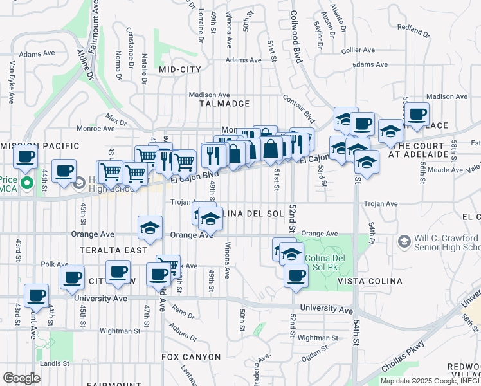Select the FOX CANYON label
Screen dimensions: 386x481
click(x=191, y=356)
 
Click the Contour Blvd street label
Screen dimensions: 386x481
click(x=299, y=108)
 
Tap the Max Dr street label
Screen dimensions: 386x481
click(x=116, y=120)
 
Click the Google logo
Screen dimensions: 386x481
click(x=21, y=378)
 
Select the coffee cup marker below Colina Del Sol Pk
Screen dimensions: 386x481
click(x=296, y=275)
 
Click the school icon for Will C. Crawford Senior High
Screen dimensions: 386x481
click(x=404, y=242)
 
